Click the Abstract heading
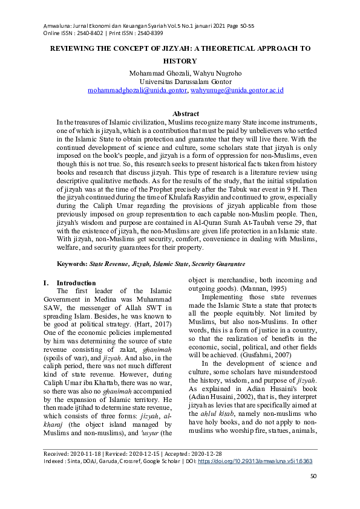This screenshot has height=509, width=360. pos(186,114)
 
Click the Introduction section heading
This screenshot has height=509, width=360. pos(76,283)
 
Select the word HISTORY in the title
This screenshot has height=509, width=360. pos(180,61)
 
